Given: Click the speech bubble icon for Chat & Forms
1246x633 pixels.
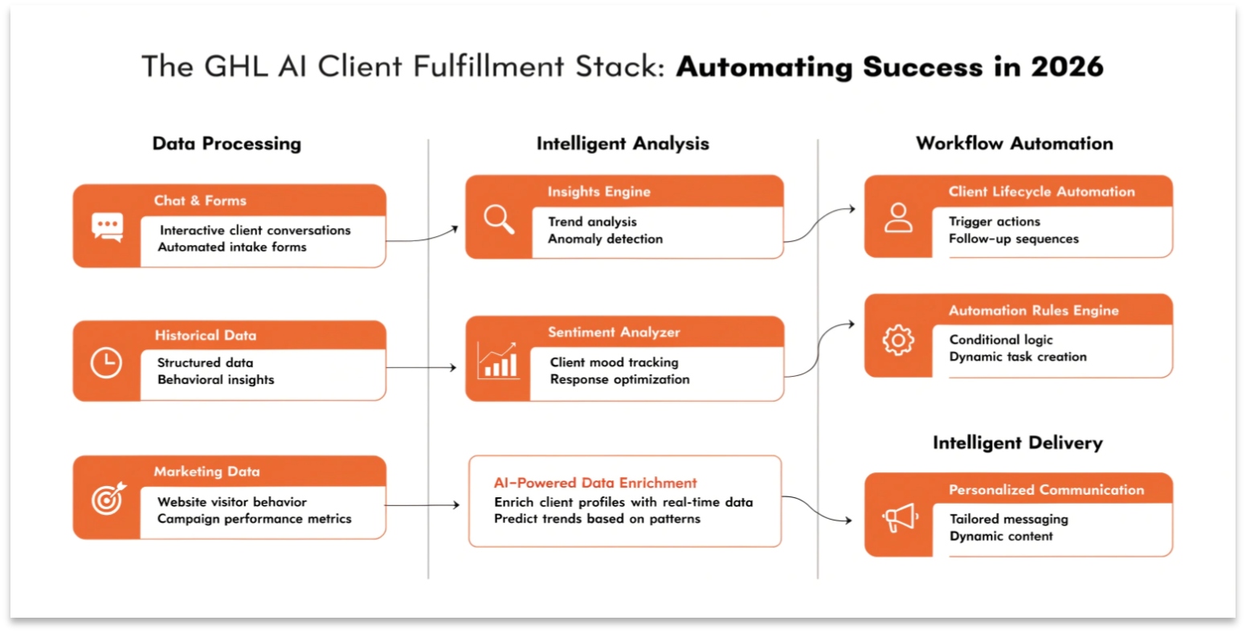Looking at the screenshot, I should [107, 227].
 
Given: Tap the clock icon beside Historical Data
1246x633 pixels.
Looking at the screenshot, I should [106, 363].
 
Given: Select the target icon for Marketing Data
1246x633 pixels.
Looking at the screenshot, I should [108, 499].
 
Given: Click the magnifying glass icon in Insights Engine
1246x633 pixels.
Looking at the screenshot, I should [499, 218].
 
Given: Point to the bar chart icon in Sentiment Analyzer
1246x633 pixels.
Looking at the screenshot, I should [498, 361].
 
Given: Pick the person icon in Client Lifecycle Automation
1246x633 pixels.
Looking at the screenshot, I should [898, 218].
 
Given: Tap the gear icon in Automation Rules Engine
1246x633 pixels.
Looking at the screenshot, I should [898, 340].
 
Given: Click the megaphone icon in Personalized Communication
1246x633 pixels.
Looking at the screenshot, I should [899, 517].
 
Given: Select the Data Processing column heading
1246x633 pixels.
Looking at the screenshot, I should [227, 144].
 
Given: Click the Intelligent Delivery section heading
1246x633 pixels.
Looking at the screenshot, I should [1017, 443].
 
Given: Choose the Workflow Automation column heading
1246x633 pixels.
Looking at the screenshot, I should [1014, 144].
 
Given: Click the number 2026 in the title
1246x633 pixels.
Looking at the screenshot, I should [1067, 67].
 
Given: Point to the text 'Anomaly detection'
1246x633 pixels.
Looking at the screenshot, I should [605, 239].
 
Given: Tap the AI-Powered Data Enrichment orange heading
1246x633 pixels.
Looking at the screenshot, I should [594, 483].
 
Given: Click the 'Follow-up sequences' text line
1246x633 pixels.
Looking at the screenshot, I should [1013, 239].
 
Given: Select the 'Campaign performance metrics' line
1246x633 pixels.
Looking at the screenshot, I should [254, 519].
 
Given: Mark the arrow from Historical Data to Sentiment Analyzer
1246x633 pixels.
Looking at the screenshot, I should [422, 368].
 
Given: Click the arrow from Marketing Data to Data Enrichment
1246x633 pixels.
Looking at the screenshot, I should [423, 505].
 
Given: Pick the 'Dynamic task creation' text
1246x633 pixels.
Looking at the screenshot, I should [1017, 357].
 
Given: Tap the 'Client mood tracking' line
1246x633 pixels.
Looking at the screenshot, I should [614, 362].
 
